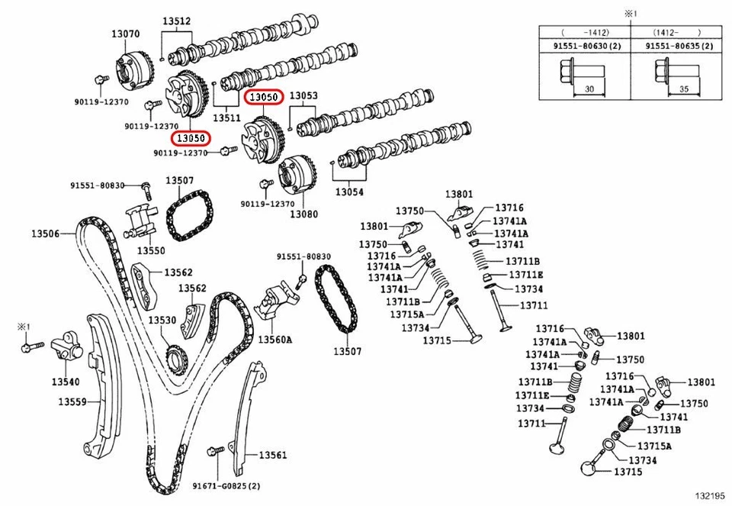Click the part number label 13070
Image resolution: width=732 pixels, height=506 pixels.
click(x=125, y=34)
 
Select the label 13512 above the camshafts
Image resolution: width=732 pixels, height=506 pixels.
click(x=176, y=22)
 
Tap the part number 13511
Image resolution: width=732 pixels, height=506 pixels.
click(x=226, y=118)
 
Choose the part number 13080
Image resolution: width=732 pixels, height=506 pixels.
click(x=303, y=214)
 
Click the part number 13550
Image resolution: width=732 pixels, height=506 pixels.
click(x=151, y=250)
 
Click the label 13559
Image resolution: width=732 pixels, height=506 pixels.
click(x=72, y=401)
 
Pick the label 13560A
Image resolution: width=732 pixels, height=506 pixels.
click(x=274, y=339)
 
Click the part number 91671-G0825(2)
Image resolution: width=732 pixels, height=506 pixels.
click(x=226, y=486)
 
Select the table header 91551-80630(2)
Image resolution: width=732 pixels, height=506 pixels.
click(x=585, y=47)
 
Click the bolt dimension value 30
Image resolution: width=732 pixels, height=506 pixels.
click(x=589, y=89)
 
